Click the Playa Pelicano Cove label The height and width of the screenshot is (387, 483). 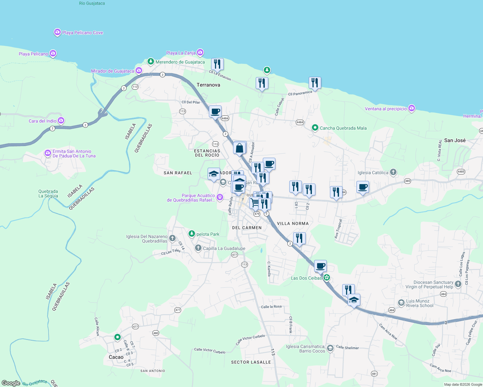coord(82,33)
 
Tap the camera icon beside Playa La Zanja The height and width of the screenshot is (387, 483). coord(200,52)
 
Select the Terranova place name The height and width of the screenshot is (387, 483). coord(208,85)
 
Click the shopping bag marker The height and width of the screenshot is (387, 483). coord(240,148)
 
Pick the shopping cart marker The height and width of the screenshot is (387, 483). coord(255,203)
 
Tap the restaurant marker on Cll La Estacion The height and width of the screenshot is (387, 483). coord(217,64)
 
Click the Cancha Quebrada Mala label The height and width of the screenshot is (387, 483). coord(343,128)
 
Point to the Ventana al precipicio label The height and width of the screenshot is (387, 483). coord(385,109)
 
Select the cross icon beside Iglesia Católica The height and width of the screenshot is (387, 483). coord(393,172)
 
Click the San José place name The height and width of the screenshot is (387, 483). coord(455,140)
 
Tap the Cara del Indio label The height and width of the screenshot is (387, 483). coord(42,121)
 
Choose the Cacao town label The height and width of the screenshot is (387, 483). coord(116,357)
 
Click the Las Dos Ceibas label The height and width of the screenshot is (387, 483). coord(306,278)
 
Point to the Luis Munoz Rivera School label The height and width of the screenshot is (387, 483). coord(419,303)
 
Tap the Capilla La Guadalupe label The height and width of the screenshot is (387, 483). coord(224,248)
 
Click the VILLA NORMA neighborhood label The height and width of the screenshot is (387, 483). coord(293,223)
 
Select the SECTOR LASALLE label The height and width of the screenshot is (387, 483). coord(251,362)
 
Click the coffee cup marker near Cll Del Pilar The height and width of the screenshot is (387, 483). coord(215,112)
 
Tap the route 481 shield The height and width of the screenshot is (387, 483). coord(374,374)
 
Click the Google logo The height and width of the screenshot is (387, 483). coord(11,383)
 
